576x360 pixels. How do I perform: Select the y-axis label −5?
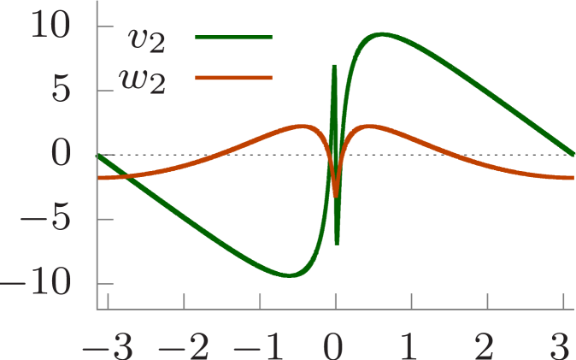click(x=47, y=220)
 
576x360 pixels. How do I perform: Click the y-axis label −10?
click(x=39, y=284)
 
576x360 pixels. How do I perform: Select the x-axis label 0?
click(x=335, y=345)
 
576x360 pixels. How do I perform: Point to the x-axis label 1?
click(x=411, y=345)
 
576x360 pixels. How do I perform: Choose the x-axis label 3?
click(x=561, y=345)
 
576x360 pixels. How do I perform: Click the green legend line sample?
click(x=233, y=38)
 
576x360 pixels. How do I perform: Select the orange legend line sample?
click(x=233, y=78)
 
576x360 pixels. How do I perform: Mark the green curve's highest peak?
click(x=381, y=34)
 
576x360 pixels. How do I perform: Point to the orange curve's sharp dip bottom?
click(x=336, y=195)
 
